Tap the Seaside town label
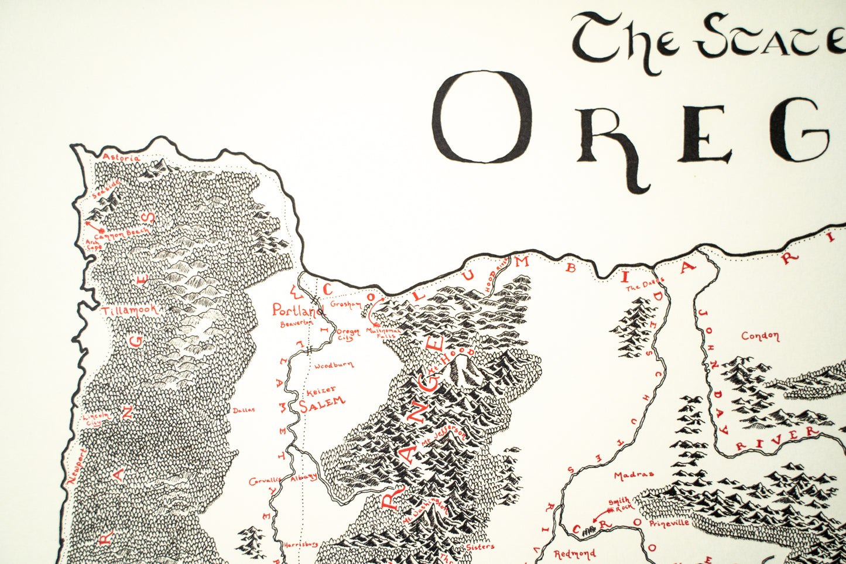pyautogui.click(x=106, y=190)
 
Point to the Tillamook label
pyautogui.click(x=131, y=310)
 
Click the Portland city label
pyautogui.click(x=297, y=310)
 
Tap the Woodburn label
pyautogui.click(x=334, y=365)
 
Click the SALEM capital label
pyautogui.click(x=323, y=403)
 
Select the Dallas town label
pyautogui.click(x=244, y=410)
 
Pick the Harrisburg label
pyautogui.click(x=300, y=544)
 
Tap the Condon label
pyautogui.click(x=760, y=336)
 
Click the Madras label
pyautogui.click(x=633, y=475)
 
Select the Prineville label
pyautogui.click(x=669, y=523)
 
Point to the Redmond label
pyautogui.click(x=574, y=553)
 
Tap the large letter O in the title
pyautogui.click(x=482, y=117)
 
